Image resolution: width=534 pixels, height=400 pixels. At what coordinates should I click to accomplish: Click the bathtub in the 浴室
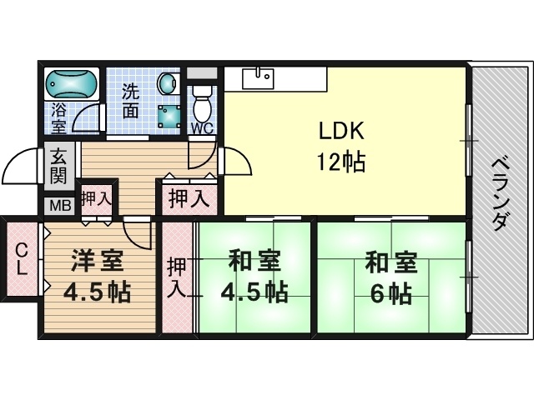[x=72, y=84]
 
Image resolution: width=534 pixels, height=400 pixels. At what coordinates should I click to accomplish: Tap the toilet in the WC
[x=203, y=102]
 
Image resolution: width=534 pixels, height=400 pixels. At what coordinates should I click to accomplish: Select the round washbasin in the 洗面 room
[x=169, y=83]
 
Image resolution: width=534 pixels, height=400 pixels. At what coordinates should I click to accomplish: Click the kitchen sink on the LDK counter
[x=258, y=78]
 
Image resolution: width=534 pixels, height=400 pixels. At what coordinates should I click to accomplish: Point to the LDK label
[x=341, y=131]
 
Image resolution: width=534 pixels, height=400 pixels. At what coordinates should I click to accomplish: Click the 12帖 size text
[x=341, y=162]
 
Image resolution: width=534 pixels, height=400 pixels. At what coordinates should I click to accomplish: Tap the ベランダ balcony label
[x=501, y=194]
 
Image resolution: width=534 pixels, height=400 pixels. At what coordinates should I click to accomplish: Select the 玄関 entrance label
[x=59, y=167]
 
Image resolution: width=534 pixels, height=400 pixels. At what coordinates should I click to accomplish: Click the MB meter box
[x=60, y=206]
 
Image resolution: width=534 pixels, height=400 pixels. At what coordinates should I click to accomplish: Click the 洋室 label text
[x=97, y=261]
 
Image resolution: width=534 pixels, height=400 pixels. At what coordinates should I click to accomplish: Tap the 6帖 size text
[x=391, y=293]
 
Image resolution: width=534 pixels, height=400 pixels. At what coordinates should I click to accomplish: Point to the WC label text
[x=202, y=128]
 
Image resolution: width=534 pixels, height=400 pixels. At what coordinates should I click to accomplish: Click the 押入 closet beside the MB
[x=97, y=200]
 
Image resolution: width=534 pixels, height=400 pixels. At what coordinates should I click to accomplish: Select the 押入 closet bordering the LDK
[x=189, y=198]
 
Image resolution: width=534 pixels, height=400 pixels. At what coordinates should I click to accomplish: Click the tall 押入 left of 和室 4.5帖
[x=178, y=277]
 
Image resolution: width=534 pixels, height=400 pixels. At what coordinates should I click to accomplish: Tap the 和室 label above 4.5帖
[x=254, y=261]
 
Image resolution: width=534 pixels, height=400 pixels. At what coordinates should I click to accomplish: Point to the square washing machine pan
[x=169, y=116]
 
